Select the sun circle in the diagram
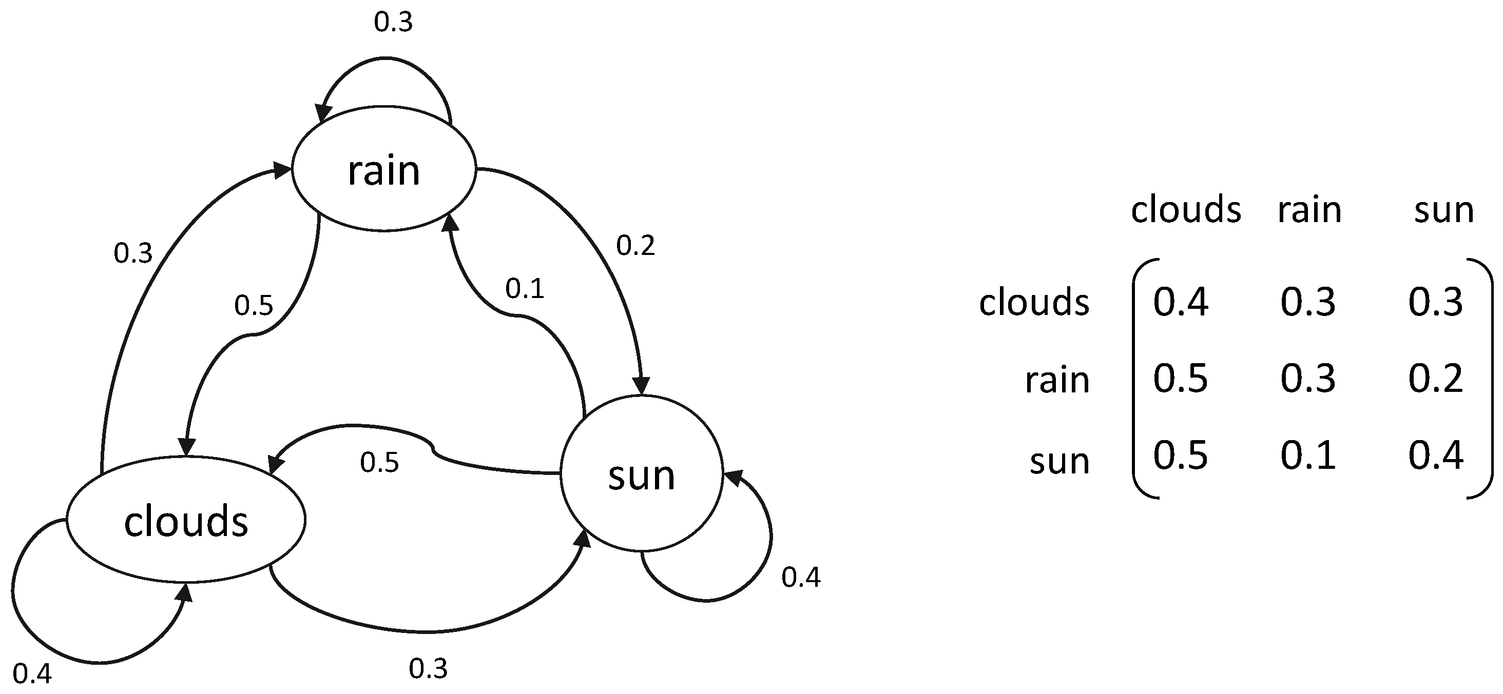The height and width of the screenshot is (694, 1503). tap(641, 473)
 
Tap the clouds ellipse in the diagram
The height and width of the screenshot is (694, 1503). tap(185, 520)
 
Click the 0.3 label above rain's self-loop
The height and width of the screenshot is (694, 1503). tap(393, 22)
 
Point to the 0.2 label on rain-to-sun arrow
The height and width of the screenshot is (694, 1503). tap(635, 246)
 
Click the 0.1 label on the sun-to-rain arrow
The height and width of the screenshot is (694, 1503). tap(525, 289)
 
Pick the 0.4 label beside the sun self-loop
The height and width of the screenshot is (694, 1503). tap(800, 577)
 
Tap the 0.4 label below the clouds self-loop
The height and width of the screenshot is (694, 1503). tap(32, 674)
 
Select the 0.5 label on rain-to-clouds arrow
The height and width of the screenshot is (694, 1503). tap(253, 306)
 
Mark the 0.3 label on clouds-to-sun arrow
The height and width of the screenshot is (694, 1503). tap(428, 668)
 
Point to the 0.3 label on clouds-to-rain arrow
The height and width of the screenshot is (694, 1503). tap(132, 253)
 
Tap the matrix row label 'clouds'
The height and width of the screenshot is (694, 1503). tap(1034, 303)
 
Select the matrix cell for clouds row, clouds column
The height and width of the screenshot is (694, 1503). tap(1180, 302)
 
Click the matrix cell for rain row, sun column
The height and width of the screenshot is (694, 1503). tap(1435, 379)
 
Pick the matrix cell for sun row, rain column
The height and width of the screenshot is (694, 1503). tap(1308, 455)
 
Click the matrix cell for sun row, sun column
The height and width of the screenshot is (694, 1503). tap(1435, 455)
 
